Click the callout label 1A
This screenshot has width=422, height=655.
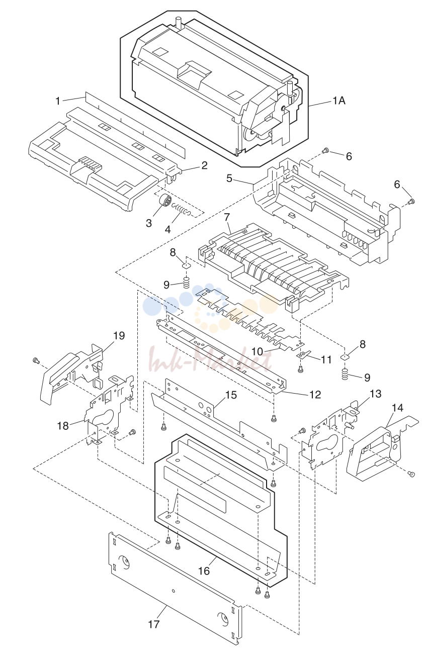coord(339,101)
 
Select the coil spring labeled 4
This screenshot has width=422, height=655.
coord(182,210)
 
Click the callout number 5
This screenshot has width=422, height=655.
coord(229,178)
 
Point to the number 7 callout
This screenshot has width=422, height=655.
coord(227,218)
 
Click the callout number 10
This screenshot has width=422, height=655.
coord(257,351)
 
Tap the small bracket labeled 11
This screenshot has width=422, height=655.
coord(303,355)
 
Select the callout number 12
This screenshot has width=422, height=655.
coord(315,395)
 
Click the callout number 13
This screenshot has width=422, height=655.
coord(375,394)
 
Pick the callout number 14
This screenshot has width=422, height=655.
coord(397,408)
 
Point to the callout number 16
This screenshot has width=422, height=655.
coord(204,571)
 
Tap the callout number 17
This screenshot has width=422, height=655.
coord(153,623)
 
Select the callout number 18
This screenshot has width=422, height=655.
coord(63,426)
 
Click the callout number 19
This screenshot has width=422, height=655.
coord(119,335)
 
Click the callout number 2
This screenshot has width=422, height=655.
coord(204,165)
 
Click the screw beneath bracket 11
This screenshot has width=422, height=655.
coord(300,370)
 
